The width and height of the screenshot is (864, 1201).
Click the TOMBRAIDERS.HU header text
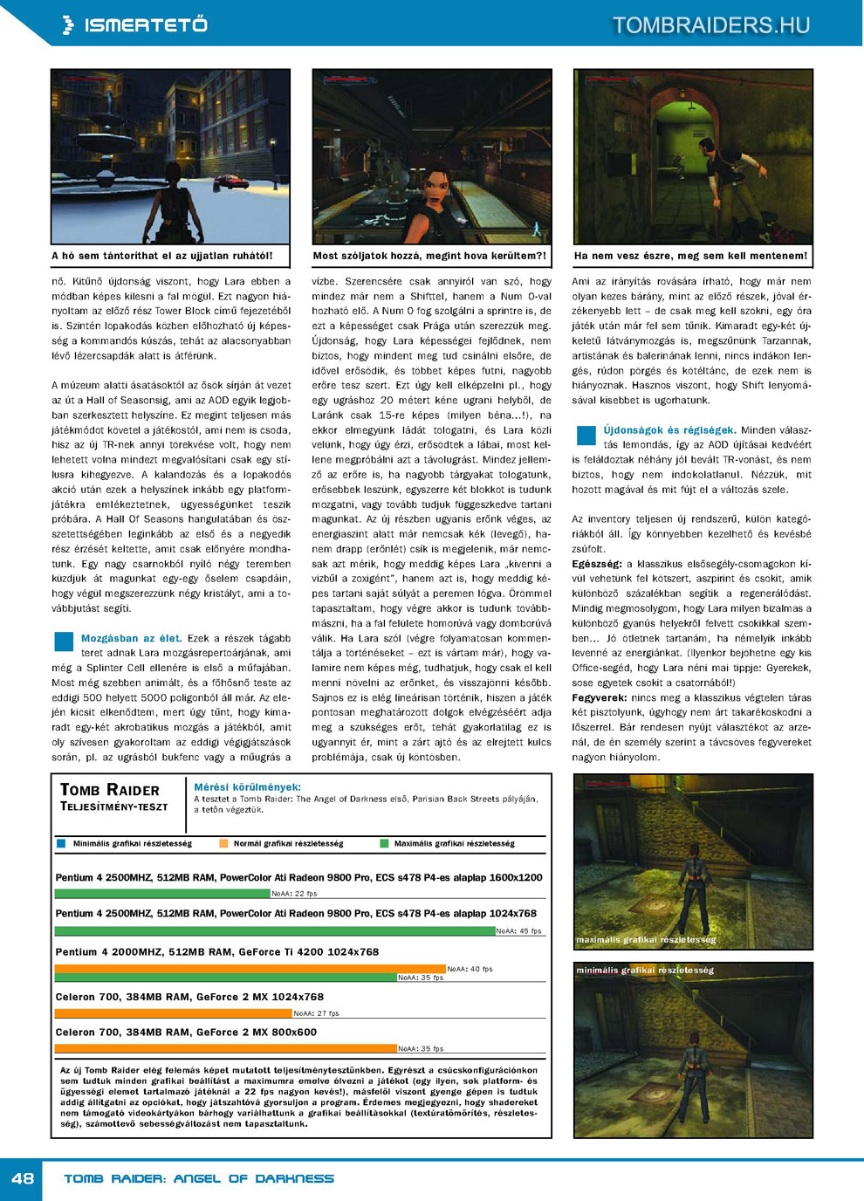point(710,25)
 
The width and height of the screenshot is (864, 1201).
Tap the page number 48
point(23,1178)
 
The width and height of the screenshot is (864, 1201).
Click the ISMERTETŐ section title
point(145,25)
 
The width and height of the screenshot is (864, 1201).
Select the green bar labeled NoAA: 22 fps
point(162,894)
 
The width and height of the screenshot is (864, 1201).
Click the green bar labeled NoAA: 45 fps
point(275,931)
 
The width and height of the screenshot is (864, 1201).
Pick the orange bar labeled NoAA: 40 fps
point(250,969)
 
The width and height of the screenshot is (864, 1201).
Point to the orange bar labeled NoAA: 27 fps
point(173,1013)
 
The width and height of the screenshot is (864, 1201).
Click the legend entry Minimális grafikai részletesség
point(132,844)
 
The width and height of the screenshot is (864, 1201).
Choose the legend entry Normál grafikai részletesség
point(288,844)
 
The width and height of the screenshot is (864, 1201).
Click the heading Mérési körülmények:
point(247,787)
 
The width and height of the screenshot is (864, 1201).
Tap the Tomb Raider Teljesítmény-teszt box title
point(113,796)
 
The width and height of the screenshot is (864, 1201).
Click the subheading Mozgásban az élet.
point(131,638)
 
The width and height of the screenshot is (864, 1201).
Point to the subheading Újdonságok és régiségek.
point(669,430)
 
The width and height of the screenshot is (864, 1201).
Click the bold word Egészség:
point(597,564)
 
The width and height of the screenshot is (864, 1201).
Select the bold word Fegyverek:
point(600,697)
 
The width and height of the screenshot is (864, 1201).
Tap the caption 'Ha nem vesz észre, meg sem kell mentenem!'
point(690,256)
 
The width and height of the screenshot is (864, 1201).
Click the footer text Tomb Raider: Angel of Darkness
point(199,1178)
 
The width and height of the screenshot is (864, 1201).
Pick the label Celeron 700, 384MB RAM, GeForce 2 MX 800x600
point(186,1033)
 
